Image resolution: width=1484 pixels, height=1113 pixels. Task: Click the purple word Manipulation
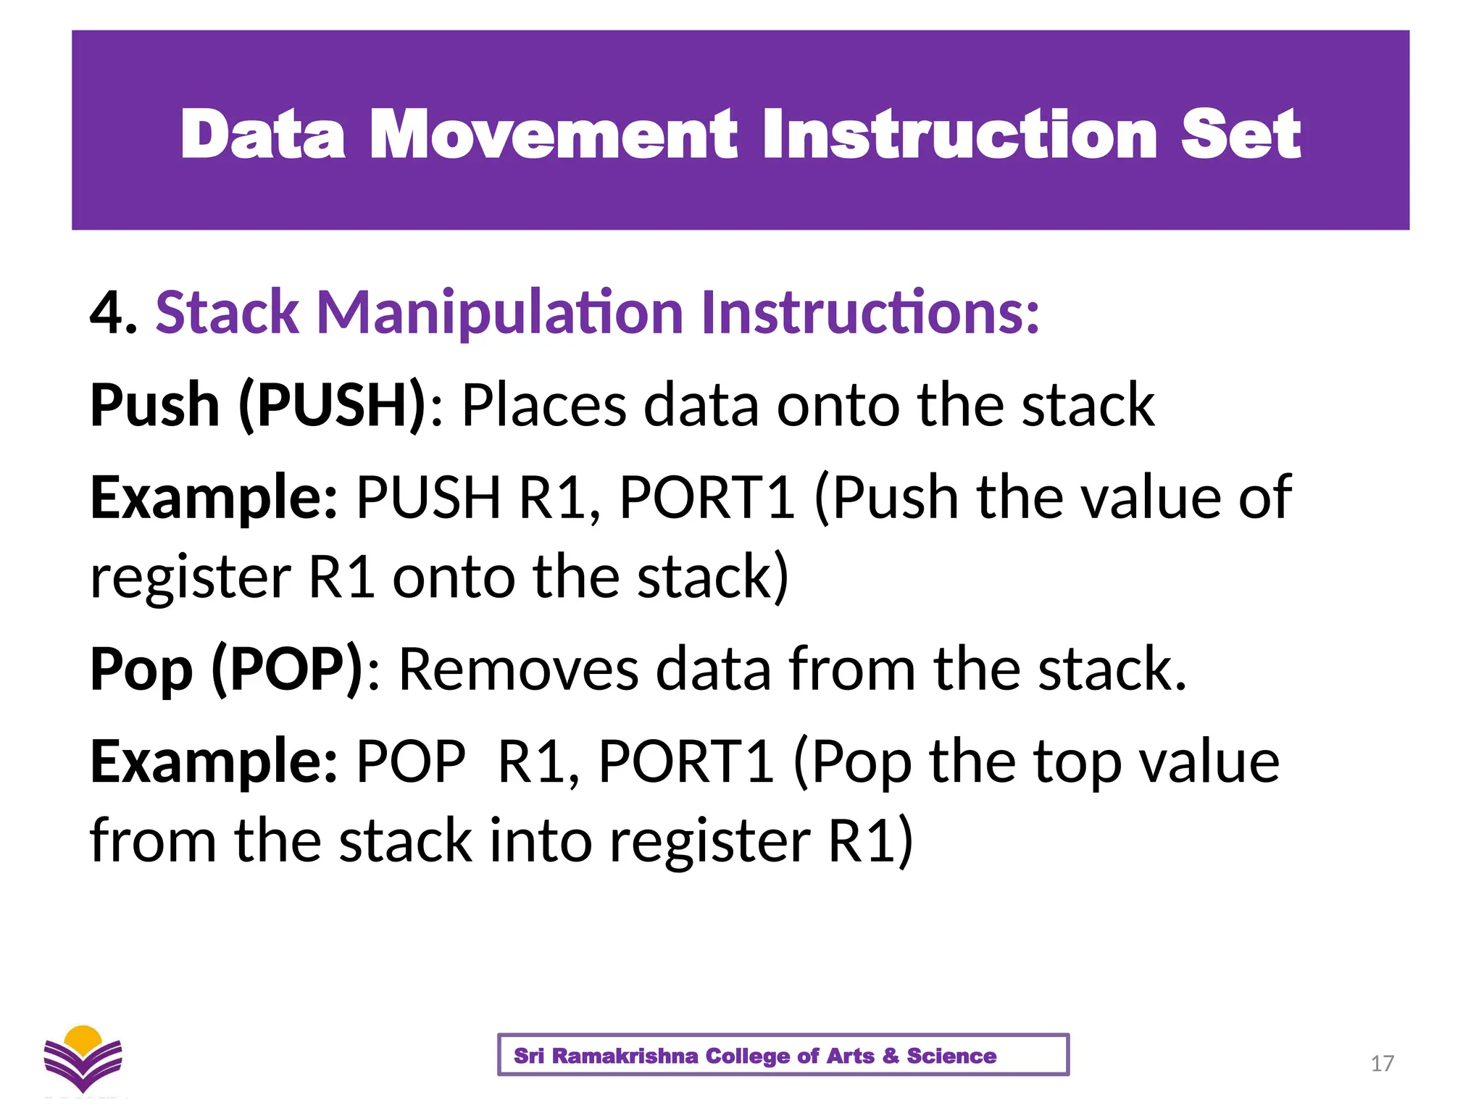click(500, 313)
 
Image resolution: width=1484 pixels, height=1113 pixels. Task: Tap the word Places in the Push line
click(543, 405)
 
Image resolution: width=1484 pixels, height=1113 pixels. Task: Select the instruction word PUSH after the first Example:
click(428, 498)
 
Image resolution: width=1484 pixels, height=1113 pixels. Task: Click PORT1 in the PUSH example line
click(707, 498)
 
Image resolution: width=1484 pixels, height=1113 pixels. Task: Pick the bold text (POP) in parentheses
click(287, 669)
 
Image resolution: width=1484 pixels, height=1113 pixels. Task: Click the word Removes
click(518, 669)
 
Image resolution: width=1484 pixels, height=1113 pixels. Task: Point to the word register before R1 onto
click(191, 578)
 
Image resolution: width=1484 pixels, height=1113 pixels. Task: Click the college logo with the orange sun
click(83, 1059)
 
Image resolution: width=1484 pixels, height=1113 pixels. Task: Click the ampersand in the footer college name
click(891, 1056)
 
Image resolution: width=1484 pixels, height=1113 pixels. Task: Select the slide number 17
click(1382, 1063)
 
